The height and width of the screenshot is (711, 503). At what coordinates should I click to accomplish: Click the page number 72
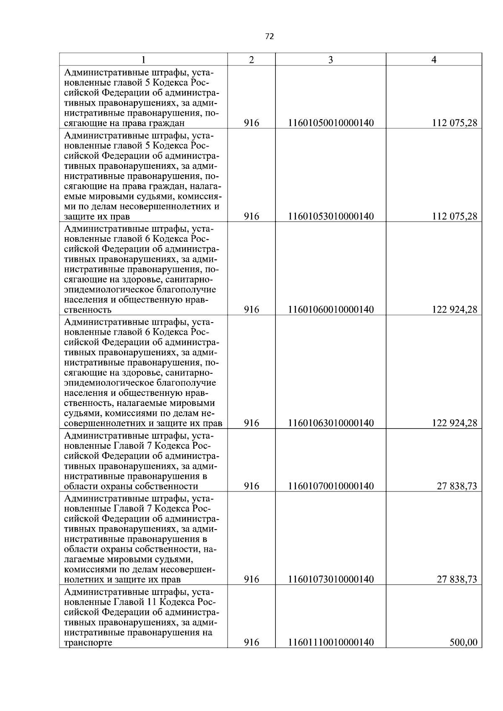tap(270, 36)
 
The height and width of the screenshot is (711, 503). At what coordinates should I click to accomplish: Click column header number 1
tap(143, 59)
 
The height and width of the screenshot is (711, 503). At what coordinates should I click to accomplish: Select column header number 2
tap(251, 59)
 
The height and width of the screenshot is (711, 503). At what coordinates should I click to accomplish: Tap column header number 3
tap(330, 59)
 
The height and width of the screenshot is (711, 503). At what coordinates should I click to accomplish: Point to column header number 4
tap(434, 59)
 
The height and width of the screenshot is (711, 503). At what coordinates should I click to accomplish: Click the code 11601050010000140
tap(331, 123)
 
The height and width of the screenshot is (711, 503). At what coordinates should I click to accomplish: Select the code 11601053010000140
tap(331, 216)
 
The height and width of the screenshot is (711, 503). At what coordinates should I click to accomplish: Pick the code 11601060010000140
tap(331, 310)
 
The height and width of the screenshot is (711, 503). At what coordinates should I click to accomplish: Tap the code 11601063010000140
tap(331, 423)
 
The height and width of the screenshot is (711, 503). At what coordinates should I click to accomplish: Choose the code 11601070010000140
tap(331, 486)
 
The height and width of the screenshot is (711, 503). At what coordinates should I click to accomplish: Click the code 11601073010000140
tap(331, 579)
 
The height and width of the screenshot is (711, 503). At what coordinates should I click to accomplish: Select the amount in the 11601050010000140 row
tap(454, 123)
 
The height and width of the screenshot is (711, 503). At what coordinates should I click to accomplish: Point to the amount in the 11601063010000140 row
tap(454, 423)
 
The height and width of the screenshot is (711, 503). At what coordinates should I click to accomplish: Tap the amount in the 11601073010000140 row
tap(457, 579)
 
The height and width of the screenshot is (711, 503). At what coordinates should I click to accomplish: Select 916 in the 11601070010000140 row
tap(251, 486)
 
